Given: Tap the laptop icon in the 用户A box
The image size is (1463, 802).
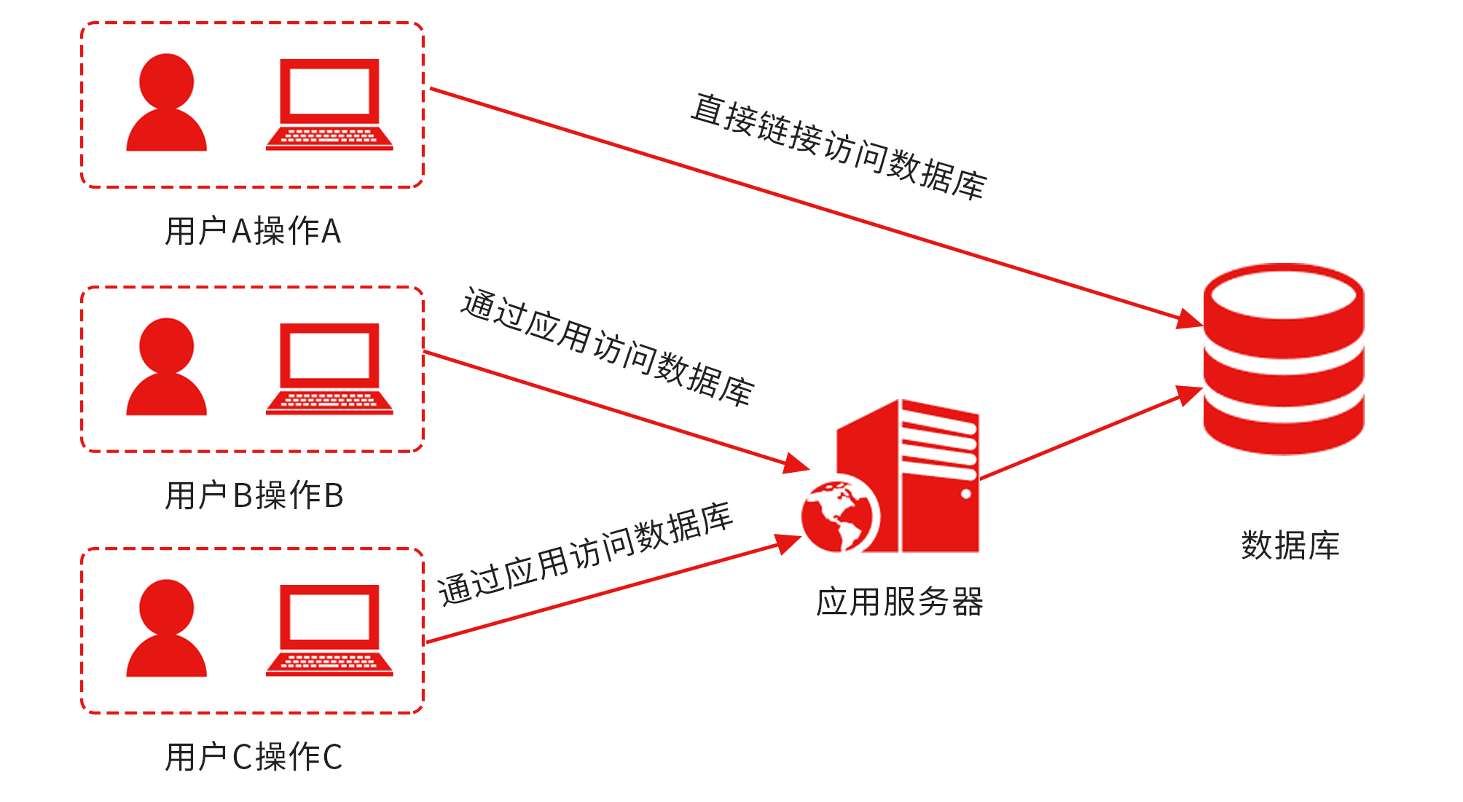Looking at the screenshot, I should pyautogui.click(x=329, y=105).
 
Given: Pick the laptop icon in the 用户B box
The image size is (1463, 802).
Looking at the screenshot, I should pyautogui.click(x=329, y=369).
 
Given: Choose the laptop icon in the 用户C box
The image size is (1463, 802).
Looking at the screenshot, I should pyautogui.click(x=329, y=631).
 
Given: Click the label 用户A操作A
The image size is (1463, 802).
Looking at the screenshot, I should pyautogui.click(x=253, y=232).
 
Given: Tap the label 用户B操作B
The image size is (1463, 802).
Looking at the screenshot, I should pyautogui.click(x=254, y=496).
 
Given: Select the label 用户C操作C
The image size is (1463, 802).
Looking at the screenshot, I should pyautogui.click(x=253, y=758).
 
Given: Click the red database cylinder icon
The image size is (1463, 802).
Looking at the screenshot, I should pyautogui.click(x=1283, y=358).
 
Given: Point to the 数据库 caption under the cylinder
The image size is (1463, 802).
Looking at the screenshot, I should pyautogui.click(x=1290, y=546).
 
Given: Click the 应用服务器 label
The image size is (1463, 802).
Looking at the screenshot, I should pyautogui.click(x=899, y=602).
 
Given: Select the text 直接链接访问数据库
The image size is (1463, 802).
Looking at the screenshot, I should pyautogui.click(x=839, y=146).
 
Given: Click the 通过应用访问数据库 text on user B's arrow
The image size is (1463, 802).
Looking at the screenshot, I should pyautogui.click(x=608, y=347).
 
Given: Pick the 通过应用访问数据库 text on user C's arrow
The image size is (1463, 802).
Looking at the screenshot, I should pyautogui.click(x=585, y=554).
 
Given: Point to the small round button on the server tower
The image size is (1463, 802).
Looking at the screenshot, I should pyautogui.click(x=966, y=494).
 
